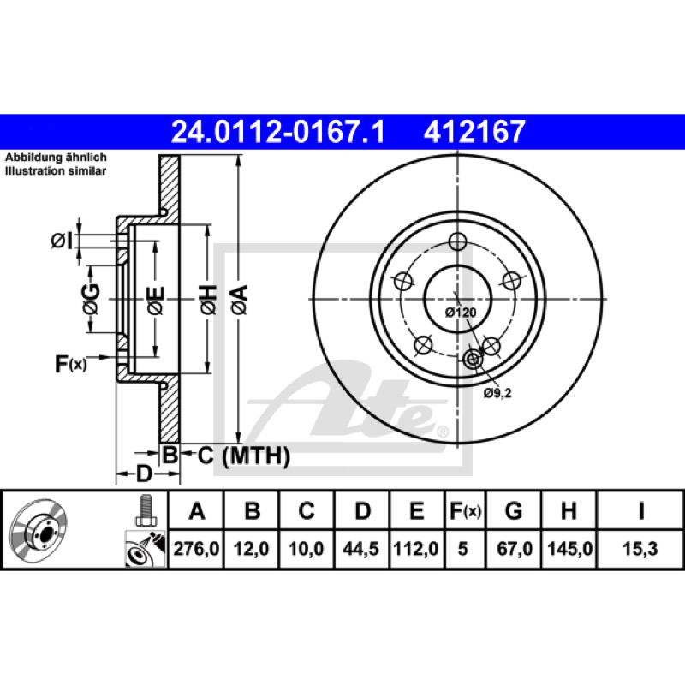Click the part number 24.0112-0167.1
tap(277, 132)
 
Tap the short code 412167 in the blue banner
tap(474, 132)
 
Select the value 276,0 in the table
tap(196, 548)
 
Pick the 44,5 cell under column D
tap(360, 548)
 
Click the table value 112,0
tap(416, 548)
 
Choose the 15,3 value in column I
tap(640, 548)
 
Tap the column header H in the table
tap(569, 510)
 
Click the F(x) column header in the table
tap(465, 510)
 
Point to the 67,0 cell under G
tap(515, 548)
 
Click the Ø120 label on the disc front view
tap(461, 313)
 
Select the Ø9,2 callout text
tap(497, 393)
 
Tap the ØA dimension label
tap(240, 299)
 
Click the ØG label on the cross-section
tap(92, 299)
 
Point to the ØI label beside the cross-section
tap(62, 241)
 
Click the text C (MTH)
tap(244, 456)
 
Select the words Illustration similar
tap(56, 170)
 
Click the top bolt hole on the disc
tap(457, 241)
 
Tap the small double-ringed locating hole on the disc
tap(473, 360)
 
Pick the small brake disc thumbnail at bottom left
tap(38, 529)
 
